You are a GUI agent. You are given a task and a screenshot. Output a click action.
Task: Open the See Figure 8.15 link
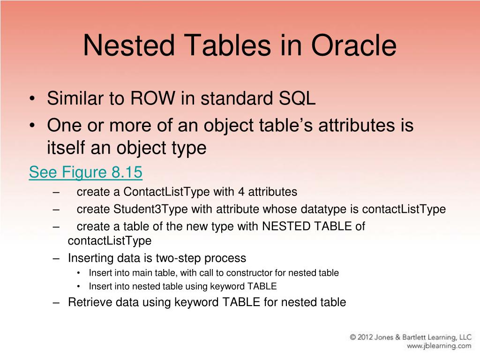(85, 172)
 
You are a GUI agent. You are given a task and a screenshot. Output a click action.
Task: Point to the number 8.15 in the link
(127, 172)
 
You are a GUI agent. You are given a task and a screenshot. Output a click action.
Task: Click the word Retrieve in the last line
(89, 302)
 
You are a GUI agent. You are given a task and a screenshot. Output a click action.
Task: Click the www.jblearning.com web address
(439, 346)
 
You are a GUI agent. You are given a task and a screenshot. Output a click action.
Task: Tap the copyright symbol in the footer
(354, 337)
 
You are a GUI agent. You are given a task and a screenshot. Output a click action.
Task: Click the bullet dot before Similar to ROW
(32, 99)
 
